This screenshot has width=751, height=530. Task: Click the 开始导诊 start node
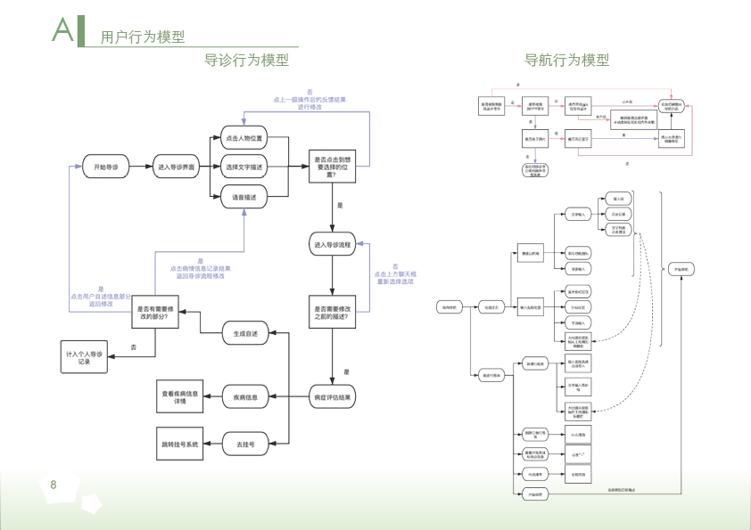click(x=105, y=167)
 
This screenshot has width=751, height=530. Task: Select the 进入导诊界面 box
click(x=176, y=167)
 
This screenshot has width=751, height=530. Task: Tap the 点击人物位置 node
click(x=244, y=139)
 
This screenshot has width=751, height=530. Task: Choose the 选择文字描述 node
click(x=244, y=167)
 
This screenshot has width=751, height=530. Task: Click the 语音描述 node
click(x=244, y=197)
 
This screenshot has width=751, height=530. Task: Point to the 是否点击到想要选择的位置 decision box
click(x=332, y=167)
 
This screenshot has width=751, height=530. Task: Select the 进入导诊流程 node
click(x=332, y=244)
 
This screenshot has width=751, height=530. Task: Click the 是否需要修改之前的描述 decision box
click(x=332, y=313)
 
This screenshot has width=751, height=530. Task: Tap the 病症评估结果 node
click(x=332, y=396)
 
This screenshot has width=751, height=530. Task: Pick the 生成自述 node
click(x=245, y=333)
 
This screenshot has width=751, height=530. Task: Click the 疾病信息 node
click(x=245, y=396)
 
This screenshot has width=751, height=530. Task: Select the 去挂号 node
click(x=245, y=443)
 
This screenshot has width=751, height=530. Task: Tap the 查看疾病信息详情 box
click(x=180, y=396)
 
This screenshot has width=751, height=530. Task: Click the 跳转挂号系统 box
click(x=180, y=443)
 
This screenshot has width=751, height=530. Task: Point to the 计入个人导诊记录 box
click(x=85, y=357)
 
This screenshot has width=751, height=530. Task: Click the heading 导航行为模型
click(x=567, y=61)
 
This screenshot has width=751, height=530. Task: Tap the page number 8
click(x=54, y=485)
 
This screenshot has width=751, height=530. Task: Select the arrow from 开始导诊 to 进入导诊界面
click(x=141, y=167)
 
